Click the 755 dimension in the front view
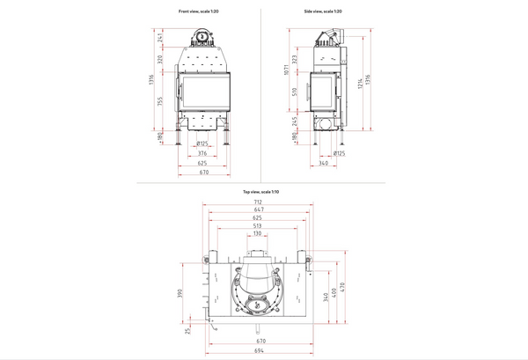click(161, 101)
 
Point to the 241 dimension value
click(161, 37)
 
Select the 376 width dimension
click(202, 152)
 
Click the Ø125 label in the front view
click(202, 143)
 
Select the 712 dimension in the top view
click(259, 202)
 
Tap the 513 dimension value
click(259, 225)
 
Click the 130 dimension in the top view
click(259, 234)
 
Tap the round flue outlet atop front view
click(202, 36)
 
